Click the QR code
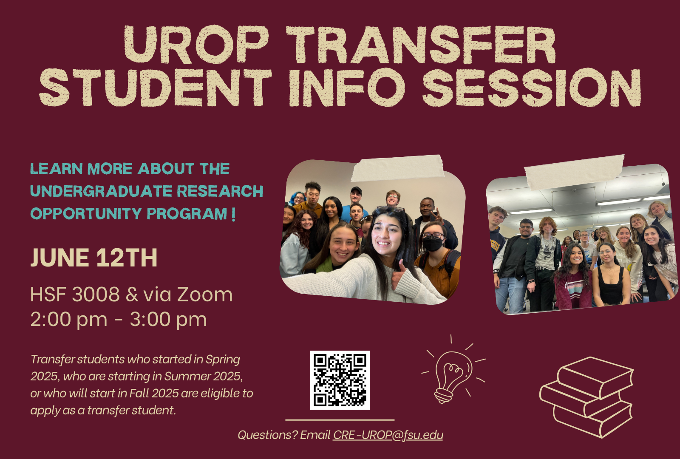(340, 380)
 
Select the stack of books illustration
(586, 397)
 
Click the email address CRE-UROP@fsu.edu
(388, 435)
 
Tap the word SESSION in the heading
(532, 88)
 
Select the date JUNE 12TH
(94, 258)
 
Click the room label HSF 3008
(75, 295)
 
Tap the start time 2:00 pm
(69, 320)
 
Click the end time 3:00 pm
(168, 320)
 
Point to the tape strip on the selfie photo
(397, 168)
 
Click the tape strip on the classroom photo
(574, 172)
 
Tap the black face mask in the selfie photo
(433, 244)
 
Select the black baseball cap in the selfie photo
(356, 190)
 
